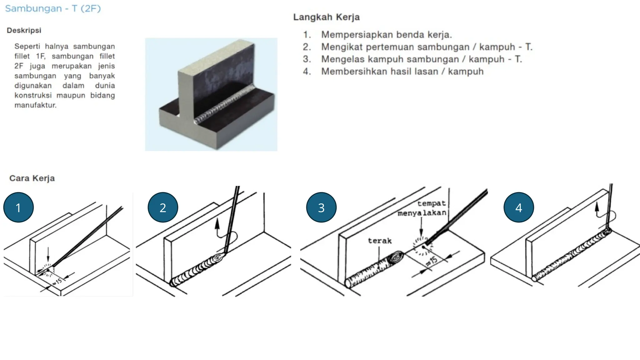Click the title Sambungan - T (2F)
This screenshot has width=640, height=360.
click(53, 8)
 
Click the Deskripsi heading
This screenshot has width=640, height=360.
click(24, 30)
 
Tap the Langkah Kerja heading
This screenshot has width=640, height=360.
click(326, 17)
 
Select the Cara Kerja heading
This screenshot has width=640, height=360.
click(32, 178)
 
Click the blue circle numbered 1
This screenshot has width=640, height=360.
click(18, 207)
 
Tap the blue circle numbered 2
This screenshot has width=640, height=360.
click(163, 207)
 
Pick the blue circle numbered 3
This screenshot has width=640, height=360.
click(321, 207)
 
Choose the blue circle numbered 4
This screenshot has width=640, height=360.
click(519, 207)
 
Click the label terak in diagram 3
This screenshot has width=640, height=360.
click(380, 241)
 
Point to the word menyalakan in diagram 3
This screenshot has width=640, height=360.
click(422, 213)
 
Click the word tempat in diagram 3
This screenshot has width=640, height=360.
click(432, 203)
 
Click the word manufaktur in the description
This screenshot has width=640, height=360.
click(35, 105)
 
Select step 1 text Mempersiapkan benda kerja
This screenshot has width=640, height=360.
click(386, 34)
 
